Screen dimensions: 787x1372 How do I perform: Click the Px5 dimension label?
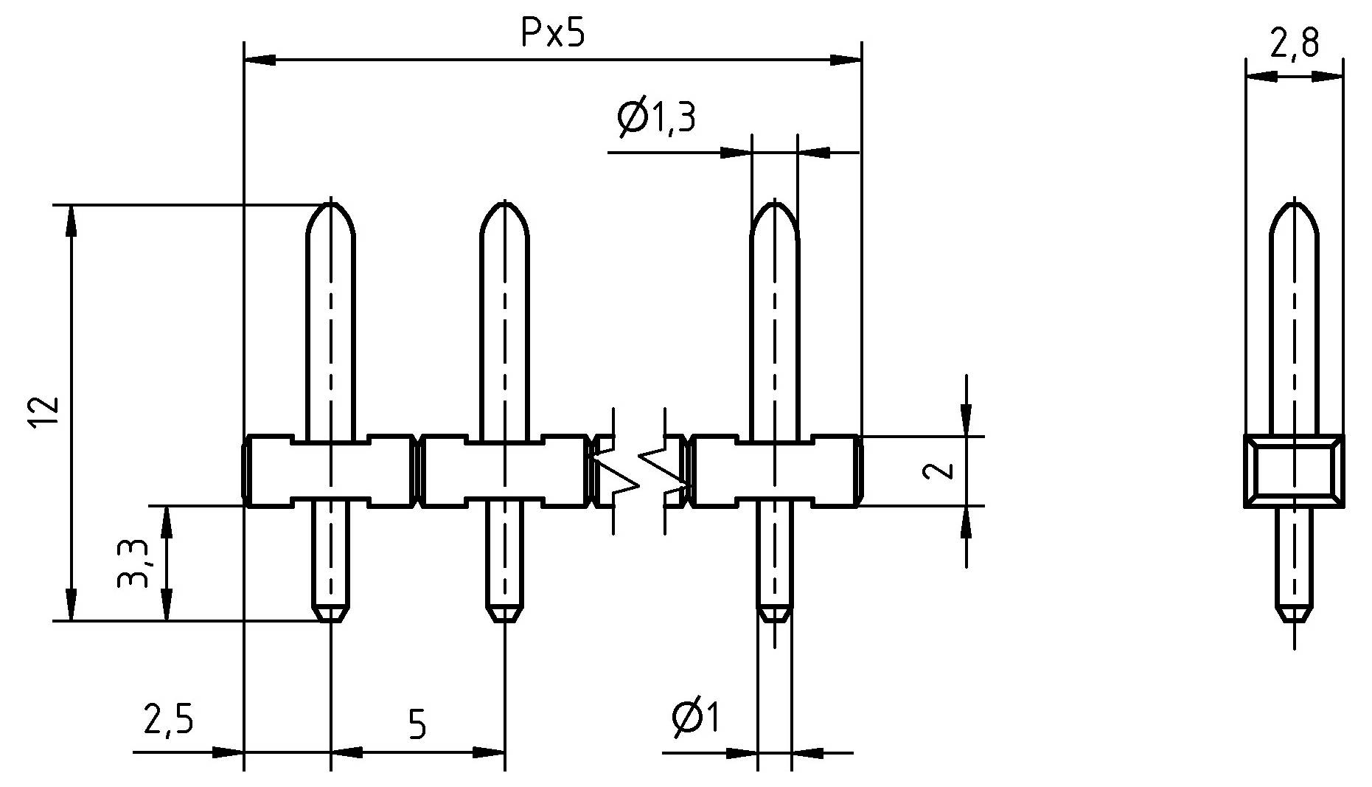[552, 33]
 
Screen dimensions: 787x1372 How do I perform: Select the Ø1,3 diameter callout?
[655, 117]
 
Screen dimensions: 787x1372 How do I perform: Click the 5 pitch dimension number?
[417, 725]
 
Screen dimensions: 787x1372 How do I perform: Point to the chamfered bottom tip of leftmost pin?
[331, 613]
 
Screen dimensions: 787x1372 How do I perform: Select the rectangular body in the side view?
[1295, 471]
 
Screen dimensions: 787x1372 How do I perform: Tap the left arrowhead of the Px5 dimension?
[258, 60]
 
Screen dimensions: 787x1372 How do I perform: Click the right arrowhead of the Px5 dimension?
[846, 60]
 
